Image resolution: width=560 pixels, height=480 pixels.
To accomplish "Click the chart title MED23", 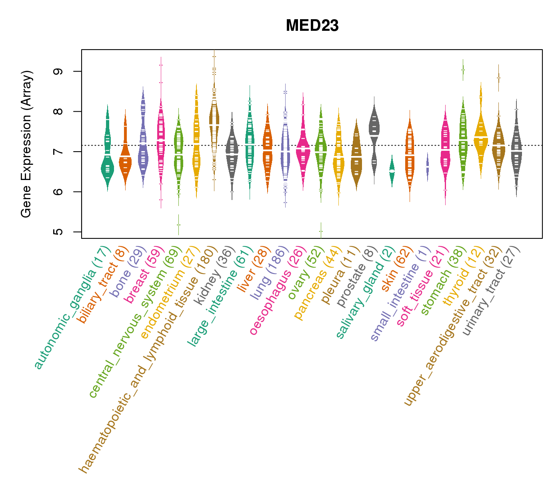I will click(312, 26).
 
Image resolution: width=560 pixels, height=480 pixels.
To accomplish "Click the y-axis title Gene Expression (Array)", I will click(26, 144).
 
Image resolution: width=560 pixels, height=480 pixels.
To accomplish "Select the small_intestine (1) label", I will click(400, 294).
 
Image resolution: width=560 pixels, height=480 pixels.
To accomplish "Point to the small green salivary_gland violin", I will click(392, 170).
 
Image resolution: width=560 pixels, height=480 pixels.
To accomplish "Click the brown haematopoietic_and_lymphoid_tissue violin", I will click(214, 120).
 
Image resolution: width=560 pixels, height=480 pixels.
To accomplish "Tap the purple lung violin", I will click(285, 152).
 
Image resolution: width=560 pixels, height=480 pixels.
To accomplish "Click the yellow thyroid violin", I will click(481, 136).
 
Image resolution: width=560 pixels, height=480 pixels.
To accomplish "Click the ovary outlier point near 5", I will click(321, 231).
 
